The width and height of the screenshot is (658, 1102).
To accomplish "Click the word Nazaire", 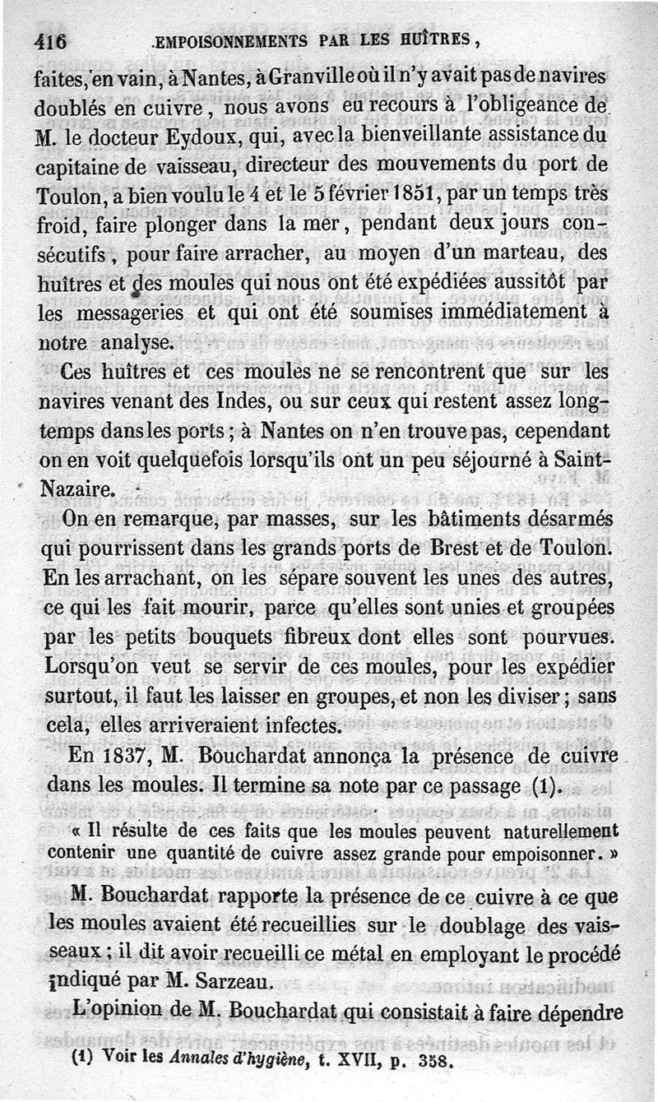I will [x=76, y=488].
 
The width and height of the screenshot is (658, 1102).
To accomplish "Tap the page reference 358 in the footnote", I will [x=435, y=1061].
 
